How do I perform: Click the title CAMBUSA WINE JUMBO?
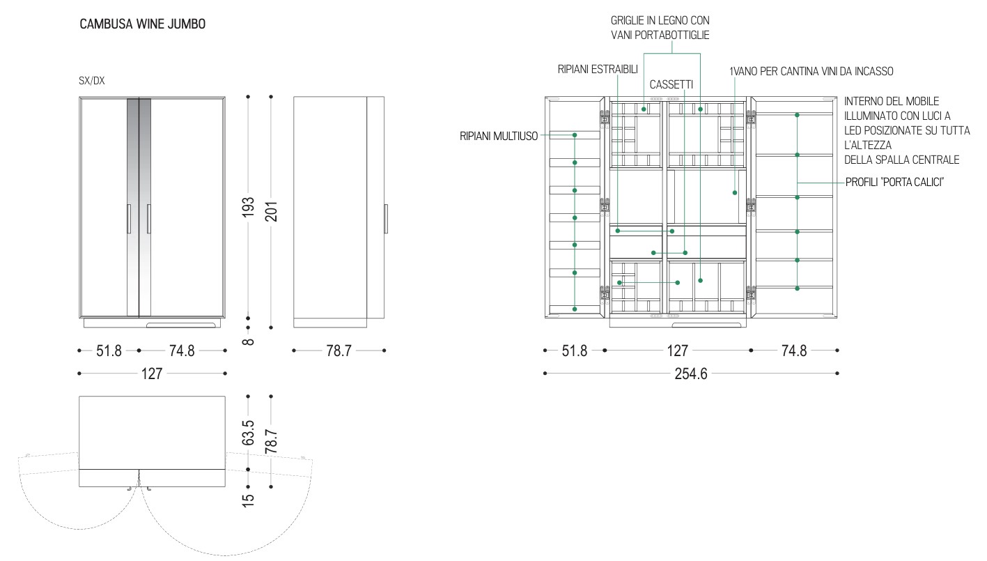coord(142,24)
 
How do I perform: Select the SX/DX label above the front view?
coord(92,81)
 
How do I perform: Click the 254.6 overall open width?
coord(691,374)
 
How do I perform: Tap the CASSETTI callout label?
coord(671,84)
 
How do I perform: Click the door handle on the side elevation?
coord(386,219)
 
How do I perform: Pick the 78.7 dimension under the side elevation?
coord(339,351)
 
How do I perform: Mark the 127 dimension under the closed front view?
coord(151,374)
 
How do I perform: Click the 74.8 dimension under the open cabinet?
coord(793,351)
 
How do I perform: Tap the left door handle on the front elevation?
coord(129,219)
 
